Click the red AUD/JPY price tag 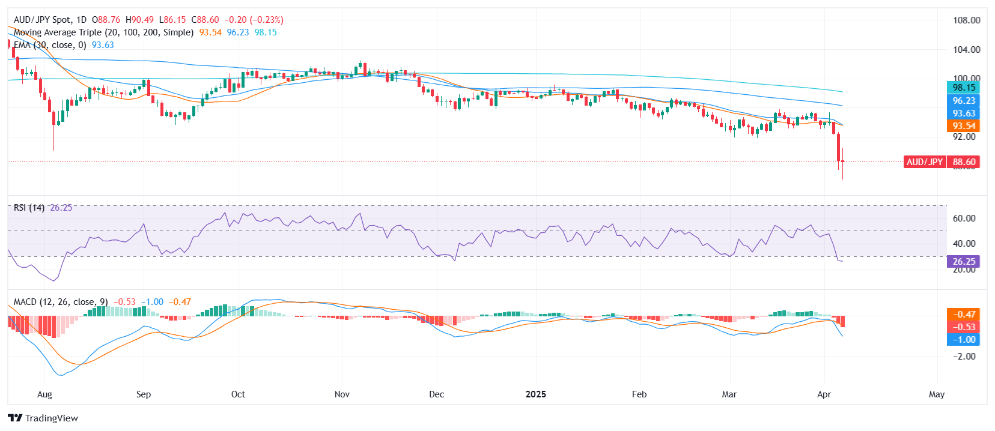(925, 162)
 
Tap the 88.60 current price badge (964, 162)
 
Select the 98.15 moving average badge (964, 88)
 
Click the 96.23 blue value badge (964, 101)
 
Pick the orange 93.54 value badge (964, 126)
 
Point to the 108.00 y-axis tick (966, 20)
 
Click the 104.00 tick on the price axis (966, 50)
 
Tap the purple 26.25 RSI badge (964, 262)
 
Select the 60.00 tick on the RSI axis (964, 219)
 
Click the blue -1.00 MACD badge (964, 340)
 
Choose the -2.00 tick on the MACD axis (964, 357)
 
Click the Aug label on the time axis (44, 394)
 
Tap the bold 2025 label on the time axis (536, 394)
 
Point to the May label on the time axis (936, 394)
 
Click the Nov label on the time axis (342, 394)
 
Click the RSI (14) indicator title (29, 208)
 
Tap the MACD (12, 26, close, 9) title (61, 302)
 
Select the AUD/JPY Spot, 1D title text (50, 20)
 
